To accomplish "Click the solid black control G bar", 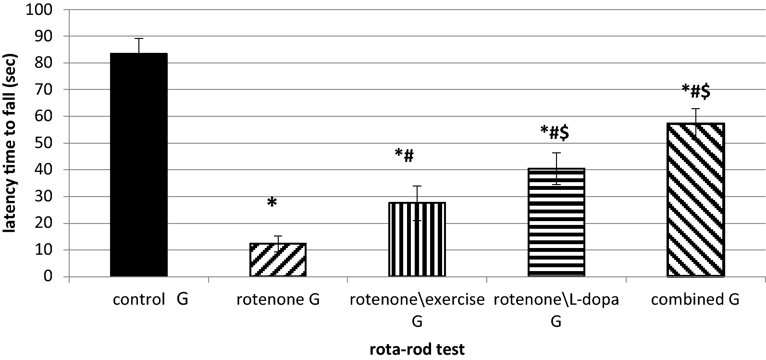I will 139,165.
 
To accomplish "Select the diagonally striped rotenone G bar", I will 278,260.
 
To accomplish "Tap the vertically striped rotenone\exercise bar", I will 417,239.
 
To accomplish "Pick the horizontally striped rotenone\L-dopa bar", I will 556,222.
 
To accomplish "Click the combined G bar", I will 695,200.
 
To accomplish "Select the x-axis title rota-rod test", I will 417,349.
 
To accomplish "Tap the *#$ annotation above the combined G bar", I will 695,92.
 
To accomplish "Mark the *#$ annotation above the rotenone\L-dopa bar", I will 555,133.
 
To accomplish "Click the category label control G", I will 150,300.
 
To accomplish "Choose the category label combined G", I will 695,300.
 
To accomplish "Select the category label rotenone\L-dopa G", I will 556,310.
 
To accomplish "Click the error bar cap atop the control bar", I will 139,38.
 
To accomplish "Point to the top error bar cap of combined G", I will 695,109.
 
